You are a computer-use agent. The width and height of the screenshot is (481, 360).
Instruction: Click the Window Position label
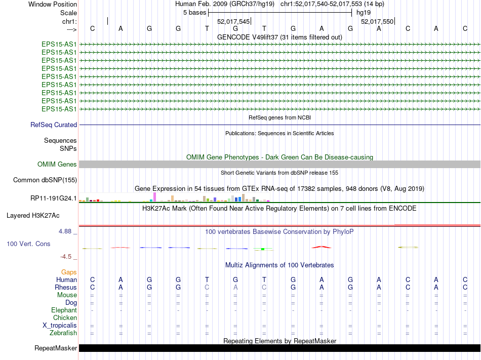coord(53,4)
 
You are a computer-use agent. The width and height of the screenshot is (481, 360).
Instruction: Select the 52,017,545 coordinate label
coord(233,22)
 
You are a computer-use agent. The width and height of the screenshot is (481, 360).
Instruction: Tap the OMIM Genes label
coord(57,165)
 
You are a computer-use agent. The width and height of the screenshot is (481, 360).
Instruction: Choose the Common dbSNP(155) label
coord(45,180)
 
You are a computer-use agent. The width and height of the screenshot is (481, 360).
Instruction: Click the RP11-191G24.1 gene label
coord(54,198)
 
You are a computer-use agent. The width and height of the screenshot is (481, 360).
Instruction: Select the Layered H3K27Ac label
coord(33,216)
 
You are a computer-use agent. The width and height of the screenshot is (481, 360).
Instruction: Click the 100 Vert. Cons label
coord(28,244)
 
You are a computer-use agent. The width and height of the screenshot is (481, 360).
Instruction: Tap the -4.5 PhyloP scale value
coord(67,257)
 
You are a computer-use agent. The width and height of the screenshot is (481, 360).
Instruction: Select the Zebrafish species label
coord(63,333)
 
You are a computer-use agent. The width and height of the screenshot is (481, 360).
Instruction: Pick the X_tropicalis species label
coord(60,326)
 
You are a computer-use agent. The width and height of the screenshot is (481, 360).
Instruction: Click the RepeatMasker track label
coord(56,348)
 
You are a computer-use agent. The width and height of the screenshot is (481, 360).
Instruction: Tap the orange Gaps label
coord(69,272)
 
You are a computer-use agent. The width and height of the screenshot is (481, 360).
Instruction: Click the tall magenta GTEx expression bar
coord(154,197)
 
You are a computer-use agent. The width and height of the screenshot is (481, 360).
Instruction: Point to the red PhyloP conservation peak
coord(322,247)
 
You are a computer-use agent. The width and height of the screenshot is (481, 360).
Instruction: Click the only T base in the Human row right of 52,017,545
coord(264,280)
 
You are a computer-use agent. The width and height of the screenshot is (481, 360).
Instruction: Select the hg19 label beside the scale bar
coord(363,12)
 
